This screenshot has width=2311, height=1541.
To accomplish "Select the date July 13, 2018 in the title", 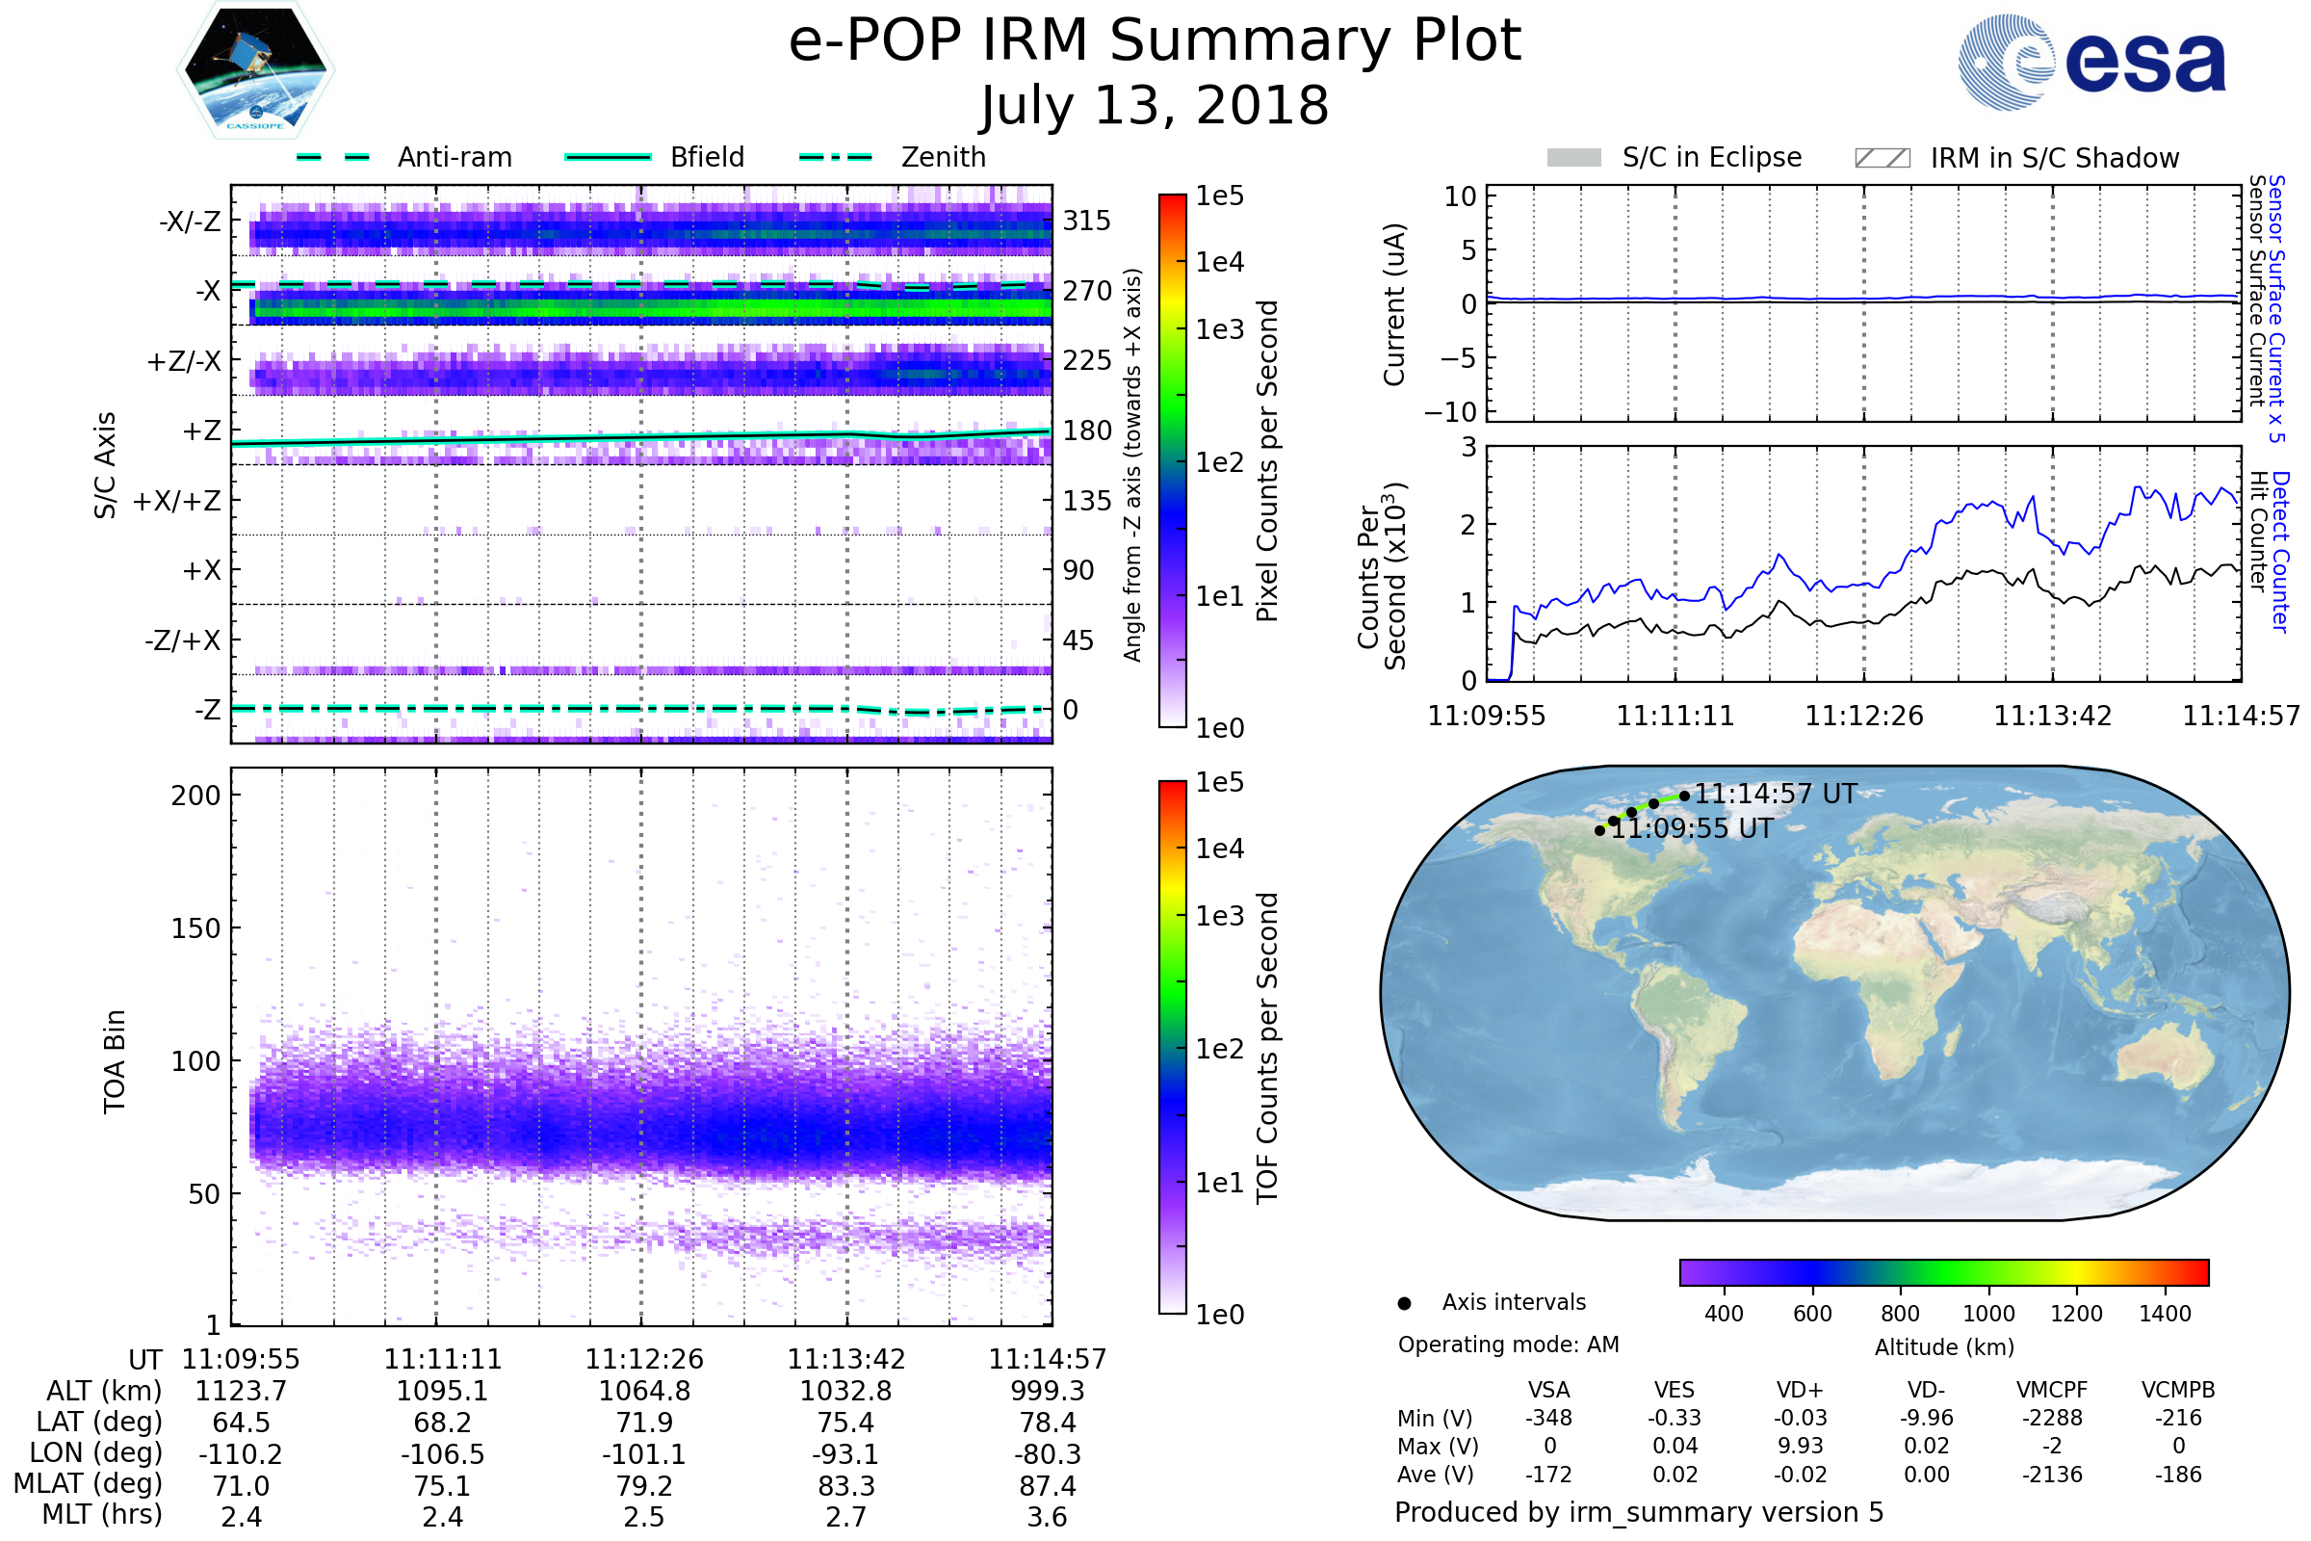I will point(1155,105).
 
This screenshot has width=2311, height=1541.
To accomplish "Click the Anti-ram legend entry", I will point(454,157).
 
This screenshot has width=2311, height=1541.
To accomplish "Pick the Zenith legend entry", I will point(943,157).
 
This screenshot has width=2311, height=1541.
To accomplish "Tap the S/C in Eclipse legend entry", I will point(1711,157).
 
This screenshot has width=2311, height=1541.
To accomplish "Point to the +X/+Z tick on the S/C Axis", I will point(177,501).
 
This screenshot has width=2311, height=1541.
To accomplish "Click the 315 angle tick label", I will point(1086,221).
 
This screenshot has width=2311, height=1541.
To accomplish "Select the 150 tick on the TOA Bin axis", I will point(195,927).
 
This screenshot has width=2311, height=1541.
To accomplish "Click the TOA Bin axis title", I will point(115,1060).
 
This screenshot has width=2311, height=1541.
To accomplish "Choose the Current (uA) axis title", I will point(1394,304).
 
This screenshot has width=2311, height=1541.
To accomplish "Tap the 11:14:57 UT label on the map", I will point(1775,794).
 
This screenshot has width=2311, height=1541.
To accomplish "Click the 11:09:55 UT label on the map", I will point(1692,828).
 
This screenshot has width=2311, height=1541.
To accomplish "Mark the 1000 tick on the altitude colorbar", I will point(1987,1314).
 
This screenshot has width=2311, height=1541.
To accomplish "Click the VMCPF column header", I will point(2052,1390).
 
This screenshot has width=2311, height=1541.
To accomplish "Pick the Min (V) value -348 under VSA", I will point(1548,1418).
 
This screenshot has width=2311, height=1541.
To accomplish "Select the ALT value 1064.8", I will point(643,1391).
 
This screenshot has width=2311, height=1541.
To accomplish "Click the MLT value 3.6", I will point(1047,1516).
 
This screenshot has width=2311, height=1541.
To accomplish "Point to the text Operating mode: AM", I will point(1508,1345).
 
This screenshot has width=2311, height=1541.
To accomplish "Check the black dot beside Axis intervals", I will point(1404,1303).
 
